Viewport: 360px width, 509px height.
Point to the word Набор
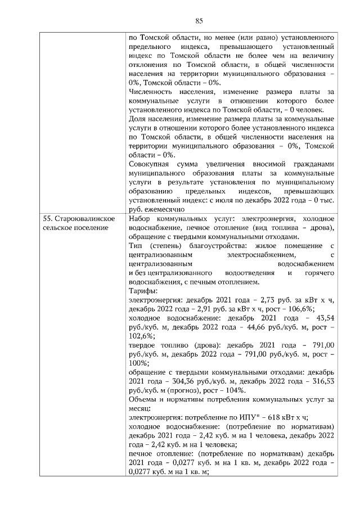(x=140, y=218)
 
